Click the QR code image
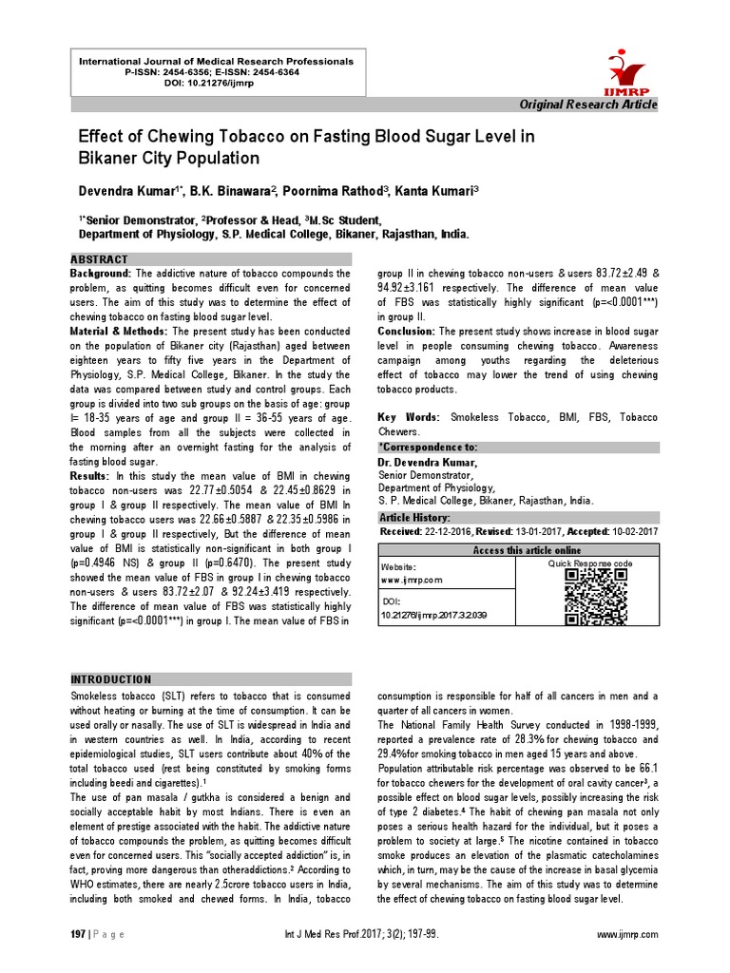(596, 597)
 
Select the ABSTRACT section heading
(100, 259)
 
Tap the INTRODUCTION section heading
(111, 679)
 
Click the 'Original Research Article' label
(587, 104)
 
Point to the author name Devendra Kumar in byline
(128, 191)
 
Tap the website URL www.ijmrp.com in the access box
(412, 579)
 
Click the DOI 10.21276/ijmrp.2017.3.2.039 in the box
(433, 617)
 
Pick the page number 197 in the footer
(78, 936)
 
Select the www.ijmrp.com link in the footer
(626, 936)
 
